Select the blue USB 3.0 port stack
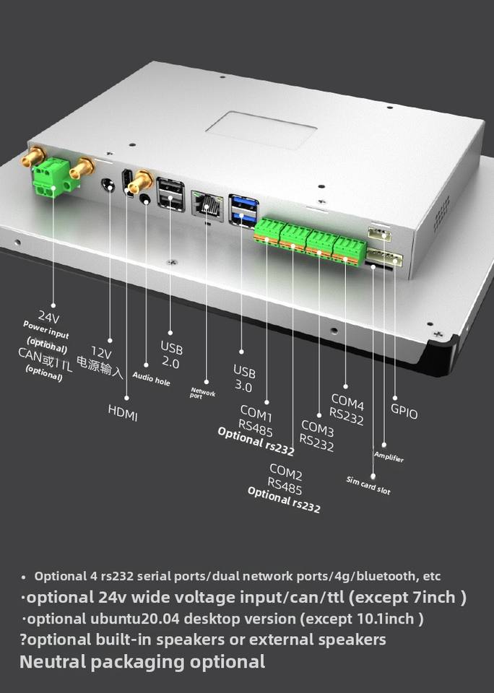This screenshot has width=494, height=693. point(242,209)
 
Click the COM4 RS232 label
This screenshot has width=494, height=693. point(347,409)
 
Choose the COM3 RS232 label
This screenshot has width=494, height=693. point(317,436)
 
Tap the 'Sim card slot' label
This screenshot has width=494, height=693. point(368,486)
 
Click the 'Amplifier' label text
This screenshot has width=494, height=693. point(389,457)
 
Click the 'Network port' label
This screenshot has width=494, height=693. point(203,393)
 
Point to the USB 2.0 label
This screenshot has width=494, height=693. point(170,355)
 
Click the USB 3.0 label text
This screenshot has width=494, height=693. point(244,378)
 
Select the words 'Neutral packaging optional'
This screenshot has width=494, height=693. point(142,661)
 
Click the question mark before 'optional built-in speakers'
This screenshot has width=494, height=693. point(23,640)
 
